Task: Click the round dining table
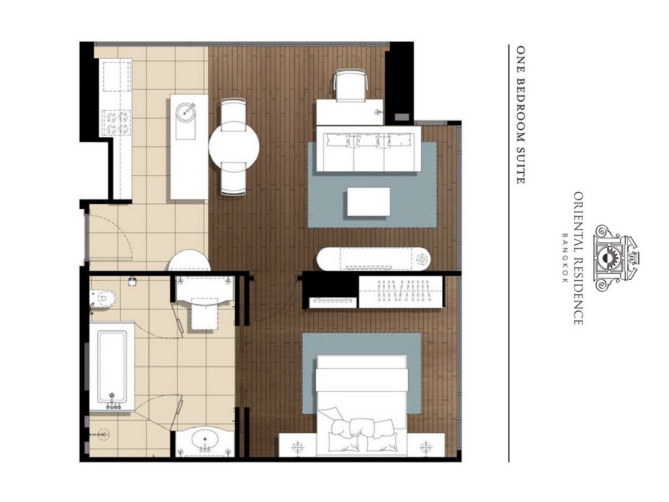(234, 146)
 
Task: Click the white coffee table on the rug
(368, 202)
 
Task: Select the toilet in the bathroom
(103, 298)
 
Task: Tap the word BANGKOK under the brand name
(565, 258)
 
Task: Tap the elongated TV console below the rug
(374, 259)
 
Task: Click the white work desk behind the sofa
(350, 112)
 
